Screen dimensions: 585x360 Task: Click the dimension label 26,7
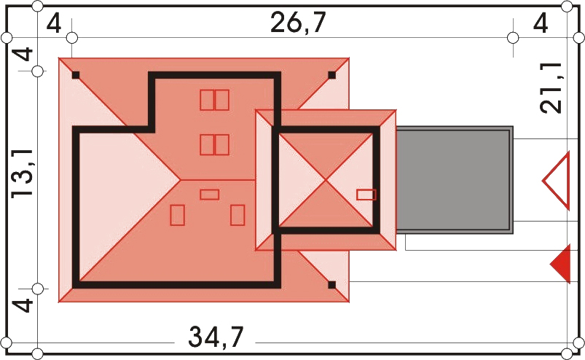click(x=298, y=23)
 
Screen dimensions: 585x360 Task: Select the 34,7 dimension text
click(x=216, y=337)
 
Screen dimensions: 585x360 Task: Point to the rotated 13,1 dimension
click(x=23, y=173)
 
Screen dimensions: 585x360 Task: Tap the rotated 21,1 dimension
click(x=551, y=87)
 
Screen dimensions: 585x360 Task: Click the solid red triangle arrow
click(x=562, y=263)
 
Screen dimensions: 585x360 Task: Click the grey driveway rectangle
click(x=455, y=180)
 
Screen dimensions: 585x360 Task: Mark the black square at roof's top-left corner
click(x=76, y=75)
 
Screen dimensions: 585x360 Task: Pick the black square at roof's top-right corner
click(x=331, y=75)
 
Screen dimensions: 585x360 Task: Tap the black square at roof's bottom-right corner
click(x=331, y=286)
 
